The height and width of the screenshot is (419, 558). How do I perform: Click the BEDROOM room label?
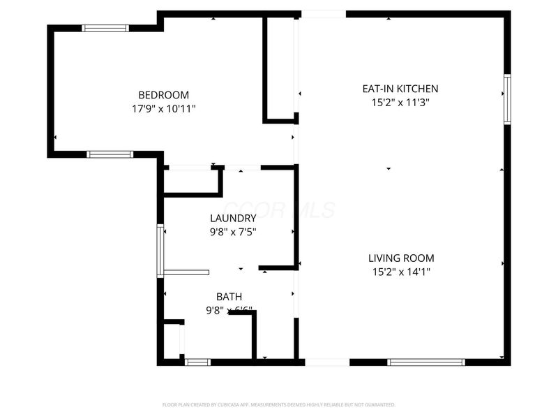click(x=163, y=95)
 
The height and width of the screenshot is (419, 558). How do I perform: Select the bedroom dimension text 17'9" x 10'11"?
click(x=163, y=109)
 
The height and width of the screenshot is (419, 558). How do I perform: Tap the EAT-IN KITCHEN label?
click(x=400, y=89)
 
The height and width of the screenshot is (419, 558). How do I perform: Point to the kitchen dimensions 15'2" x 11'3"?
click(x=400, y=103)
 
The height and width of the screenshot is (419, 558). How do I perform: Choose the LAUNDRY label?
click(x=229, y=218)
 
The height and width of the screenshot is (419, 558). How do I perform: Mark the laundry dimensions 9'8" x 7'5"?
click(x=229, y=232)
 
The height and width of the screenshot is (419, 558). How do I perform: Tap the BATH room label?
click(x=229, y=297)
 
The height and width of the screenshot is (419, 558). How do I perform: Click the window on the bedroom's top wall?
click(x=105, y=28)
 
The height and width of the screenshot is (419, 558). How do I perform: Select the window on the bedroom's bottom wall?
click(x=110, y=154)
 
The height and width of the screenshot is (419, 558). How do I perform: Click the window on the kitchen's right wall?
click(x=507, y=99)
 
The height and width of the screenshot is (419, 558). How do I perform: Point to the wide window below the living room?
click(x=425, y=362)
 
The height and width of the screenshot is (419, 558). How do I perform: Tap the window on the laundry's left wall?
click(x=160, y=251)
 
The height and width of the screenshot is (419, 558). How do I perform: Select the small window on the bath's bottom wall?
click(x=197, y=362)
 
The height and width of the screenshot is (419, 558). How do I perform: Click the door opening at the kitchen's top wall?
click(x=323, y=14)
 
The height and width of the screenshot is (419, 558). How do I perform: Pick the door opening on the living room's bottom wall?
click(x=327, y=362)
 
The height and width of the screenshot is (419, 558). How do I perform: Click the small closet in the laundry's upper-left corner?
click(x=190, y=180)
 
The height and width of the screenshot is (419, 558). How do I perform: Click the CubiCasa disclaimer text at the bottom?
click(x=279, y=404)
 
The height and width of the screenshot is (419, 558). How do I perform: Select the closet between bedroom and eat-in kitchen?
click(x=280, y=68)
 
